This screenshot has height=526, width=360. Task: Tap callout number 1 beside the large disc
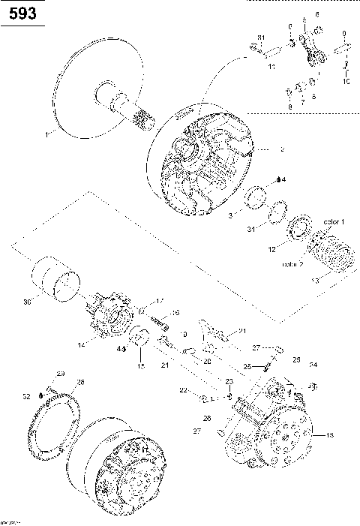(x=45, y=135)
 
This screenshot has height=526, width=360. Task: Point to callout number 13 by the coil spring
(x=314, y=279)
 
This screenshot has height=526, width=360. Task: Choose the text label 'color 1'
(x=334, y=222)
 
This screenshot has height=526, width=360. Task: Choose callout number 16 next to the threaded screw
(x=175, y=313)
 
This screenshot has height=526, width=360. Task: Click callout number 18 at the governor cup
(x=326, y=434)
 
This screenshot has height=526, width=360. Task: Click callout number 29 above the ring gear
(x=61, y=374)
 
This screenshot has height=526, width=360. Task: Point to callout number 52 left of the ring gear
(x=26, y=395)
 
